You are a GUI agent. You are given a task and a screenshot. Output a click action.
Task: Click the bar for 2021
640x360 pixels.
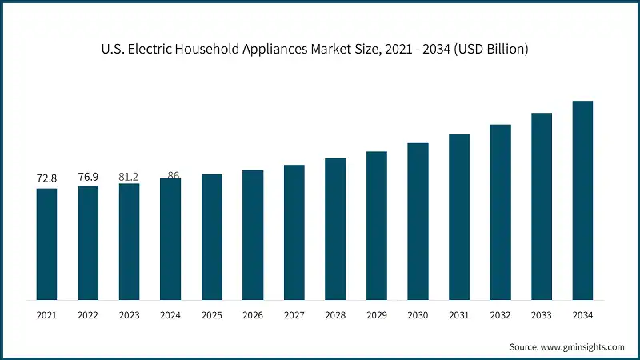coord(46,244)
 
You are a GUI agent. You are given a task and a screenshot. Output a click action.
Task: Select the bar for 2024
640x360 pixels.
coord(170,239)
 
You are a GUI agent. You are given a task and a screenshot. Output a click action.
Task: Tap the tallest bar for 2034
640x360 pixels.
coord(582,200)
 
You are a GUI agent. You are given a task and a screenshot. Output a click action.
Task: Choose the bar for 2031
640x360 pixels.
coord(459,217)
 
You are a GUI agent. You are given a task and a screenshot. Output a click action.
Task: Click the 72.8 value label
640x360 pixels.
coord(46,178)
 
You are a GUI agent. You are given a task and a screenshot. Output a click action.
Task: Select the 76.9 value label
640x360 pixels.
coord(88,176)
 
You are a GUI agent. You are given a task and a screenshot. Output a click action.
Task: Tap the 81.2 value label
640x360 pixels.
coord(129,175)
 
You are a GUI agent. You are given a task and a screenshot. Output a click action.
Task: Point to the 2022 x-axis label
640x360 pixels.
coord(88,316)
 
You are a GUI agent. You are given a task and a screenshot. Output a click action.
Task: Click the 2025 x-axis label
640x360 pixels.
coord(212,316)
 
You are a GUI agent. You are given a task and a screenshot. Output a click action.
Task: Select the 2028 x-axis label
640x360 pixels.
coord(335,316)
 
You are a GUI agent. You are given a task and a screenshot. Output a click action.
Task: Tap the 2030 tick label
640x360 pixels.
coord(418,316)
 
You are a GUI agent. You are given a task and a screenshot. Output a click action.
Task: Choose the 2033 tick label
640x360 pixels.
coord(542,316)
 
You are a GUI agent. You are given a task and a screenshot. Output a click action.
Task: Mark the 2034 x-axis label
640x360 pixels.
coord(582,316)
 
